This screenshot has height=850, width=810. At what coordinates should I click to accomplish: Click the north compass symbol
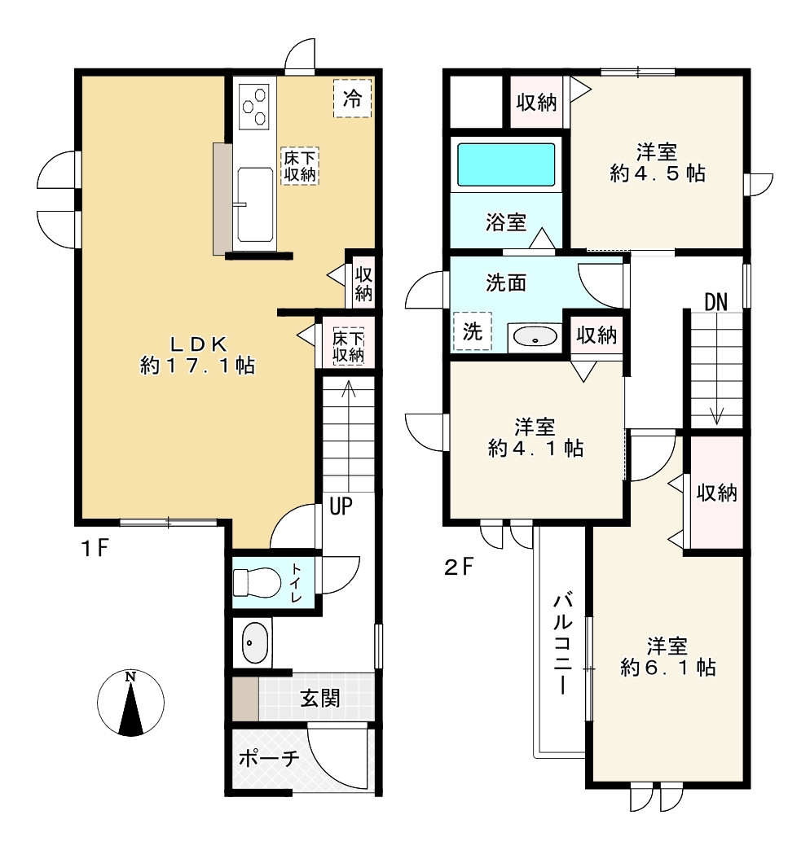[x=130, y=703]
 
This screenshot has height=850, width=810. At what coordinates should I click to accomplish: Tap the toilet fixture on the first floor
[x=257, y=583]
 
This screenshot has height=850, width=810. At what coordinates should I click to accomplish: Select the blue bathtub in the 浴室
[x=506, y=164]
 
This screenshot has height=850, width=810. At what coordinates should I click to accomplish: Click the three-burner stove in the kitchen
[x=254, y=106]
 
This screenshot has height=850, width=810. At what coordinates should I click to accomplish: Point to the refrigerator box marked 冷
[x=353, y=99]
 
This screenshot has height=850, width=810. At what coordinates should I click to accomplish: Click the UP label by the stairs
[x=341, y=506]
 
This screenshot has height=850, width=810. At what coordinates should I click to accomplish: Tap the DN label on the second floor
[x=715, y=302]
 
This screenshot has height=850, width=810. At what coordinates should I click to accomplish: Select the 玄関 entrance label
[x=320, y=698]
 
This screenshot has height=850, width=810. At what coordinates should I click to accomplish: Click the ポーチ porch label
[x=269, y=757]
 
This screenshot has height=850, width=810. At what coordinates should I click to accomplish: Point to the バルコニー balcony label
[x=562, y=645]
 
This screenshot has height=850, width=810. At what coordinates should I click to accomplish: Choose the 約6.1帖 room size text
[x=668, y=668]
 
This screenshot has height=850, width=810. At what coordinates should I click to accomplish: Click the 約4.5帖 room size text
[x=657, y=173]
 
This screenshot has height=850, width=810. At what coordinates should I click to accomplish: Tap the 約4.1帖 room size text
[x=535, y=449]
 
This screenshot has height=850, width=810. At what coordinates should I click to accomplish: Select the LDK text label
[x=198, y=344]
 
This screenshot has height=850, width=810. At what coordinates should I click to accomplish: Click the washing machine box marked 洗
[x=473, y=331]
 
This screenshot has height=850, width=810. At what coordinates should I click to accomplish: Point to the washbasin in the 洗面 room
[x=535, y=336]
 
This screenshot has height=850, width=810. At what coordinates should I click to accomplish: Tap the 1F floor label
[x=95, y=549]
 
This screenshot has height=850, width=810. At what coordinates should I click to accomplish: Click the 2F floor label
[x=459, y=567]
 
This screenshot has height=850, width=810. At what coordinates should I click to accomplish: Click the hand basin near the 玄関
[x=254, y=642]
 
